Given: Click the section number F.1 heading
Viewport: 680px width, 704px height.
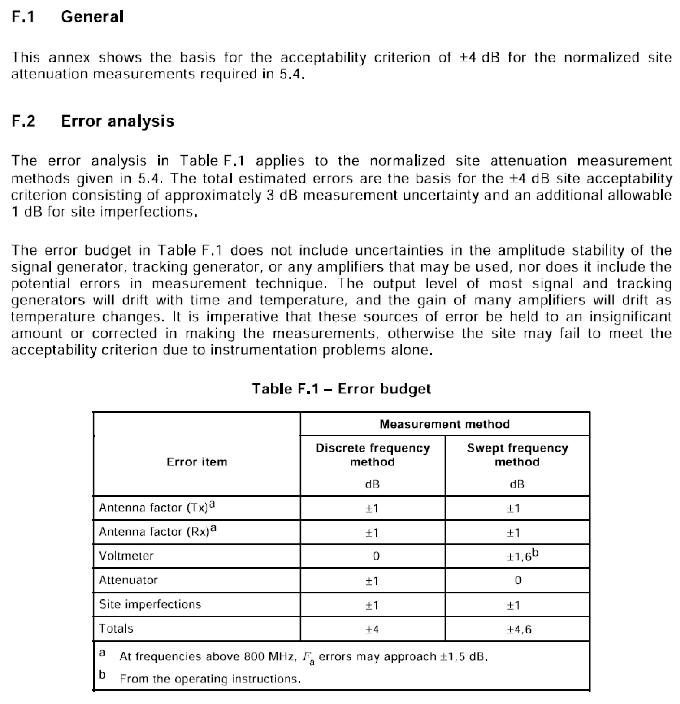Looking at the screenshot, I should [23, 17].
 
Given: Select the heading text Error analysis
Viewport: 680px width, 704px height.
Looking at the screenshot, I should [118, 121].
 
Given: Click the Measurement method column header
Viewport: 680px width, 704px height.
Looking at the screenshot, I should [444, 424].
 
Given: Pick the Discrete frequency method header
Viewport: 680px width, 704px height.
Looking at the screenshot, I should [372, 454].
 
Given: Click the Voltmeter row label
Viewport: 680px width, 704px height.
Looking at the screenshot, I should [126, 556].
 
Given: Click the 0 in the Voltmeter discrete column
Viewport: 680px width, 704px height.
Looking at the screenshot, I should [376, 556].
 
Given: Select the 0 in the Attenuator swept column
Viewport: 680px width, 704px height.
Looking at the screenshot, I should [518, 580].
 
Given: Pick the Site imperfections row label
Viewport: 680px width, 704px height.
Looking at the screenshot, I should [150, 604].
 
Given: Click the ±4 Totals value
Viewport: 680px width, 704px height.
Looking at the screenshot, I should [372, 629].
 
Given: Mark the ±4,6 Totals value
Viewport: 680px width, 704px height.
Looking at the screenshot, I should [519, 629].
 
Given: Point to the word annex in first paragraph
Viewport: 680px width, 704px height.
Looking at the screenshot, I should [69, 58].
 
